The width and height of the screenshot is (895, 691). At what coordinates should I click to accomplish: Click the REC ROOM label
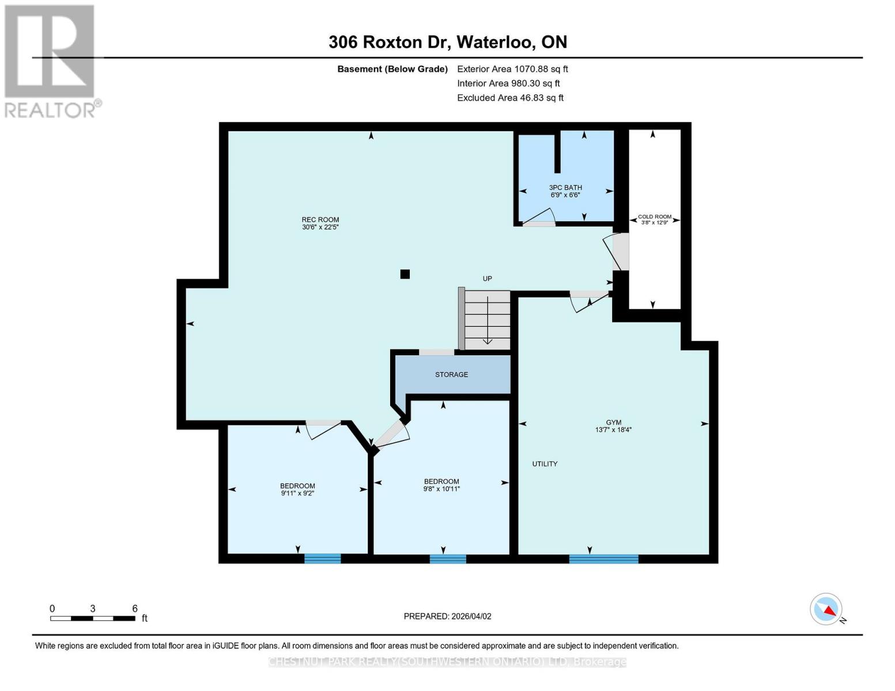320,219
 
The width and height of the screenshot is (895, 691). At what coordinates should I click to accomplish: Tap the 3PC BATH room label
565,188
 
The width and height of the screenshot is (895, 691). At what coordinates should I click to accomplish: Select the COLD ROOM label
654,217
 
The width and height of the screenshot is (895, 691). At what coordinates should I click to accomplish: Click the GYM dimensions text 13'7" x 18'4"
613,430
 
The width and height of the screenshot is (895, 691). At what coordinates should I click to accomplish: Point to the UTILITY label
545,464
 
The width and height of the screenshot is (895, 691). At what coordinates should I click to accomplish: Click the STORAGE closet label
451,375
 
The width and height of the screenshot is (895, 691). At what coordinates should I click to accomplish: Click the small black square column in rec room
405,274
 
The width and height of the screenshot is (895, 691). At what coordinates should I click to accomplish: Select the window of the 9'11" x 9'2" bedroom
322,558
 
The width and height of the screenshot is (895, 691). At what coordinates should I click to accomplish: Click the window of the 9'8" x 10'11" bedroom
448,558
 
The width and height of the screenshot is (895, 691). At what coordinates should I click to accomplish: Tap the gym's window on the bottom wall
603,558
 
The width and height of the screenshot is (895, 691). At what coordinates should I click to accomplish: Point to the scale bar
93,618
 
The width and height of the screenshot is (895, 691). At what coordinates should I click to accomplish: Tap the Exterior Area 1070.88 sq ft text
512,69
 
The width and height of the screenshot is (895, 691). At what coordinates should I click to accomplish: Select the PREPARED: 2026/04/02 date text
447,616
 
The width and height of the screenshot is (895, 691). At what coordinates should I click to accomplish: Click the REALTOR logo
51,61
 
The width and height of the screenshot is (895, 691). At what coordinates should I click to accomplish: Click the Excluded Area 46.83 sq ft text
510,98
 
